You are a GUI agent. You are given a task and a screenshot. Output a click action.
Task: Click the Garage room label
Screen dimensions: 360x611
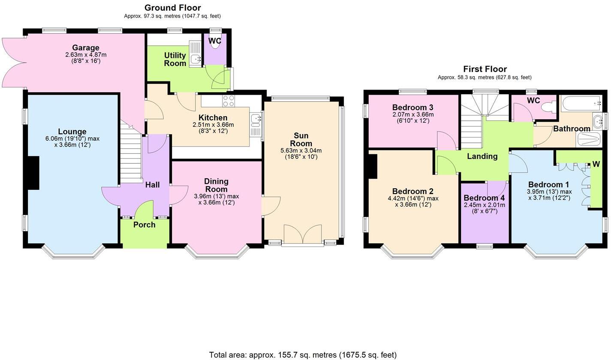86,48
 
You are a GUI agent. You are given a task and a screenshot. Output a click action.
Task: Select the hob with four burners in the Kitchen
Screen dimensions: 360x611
228,101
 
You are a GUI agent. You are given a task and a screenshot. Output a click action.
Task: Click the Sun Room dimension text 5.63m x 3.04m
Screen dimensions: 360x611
301,150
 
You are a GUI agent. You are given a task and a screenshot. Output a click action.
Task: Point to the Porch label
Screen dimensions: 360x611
144,225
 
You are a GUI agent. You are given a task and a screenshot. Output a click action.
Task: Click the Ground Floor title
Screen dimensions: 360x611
172,8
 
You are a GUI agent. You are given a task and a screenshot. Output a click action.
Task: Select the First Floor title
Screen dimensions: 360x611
485,69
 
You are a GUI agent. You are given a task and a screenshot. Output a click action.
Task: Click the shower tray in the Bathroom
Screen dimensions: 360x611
590,139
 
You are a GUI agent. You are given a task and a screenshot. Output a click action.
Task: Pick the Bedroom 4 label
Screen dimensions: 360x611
484,198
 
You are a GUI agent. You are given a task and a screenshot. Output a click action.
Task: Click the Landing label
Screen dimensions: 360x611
482,156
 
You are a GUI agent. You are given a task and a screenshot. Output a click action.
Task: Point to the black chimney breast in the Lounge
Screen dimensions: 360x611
33,172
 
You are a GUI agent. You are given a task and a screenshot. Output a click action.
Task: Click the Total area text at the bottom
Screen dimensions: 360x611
303,355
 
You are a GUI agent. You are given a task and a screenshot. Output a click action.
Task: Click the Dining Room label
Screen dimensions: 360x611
216,185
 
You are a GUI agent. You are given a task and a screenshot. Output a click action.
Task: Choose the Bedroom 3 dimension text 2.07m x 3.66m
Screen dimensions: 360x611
413,114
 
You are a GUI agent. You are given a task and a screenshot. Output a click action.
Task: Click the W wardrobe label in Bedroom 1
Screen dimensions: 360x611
596,164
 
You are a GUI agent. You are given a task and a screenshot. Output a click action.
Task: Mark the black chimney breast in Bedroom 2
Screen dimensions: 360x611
373,166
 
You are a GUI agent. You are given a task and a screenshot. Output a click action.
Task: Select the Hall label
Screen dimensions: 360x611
152,185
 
